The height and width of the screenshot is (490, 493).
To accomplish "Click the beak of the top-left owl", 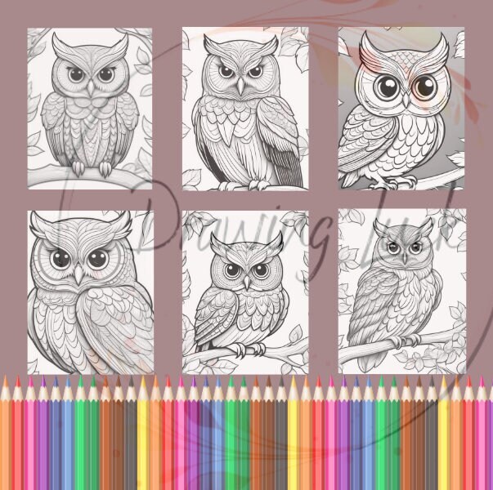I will [88, 85].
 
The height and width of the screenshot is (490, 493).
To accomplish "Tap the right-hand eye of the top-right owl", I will [424, 86].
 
